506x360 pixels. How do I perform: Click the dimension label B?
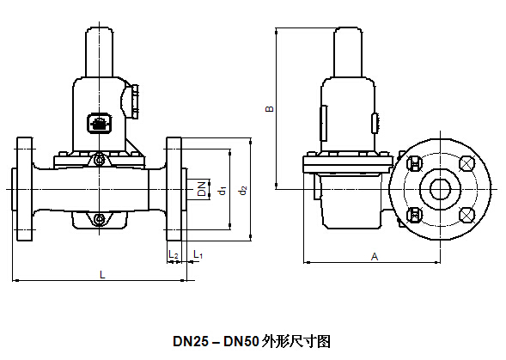269,109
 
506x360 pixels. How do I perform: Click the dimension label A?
375,257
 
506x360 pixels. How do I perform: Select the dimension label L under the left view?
102,275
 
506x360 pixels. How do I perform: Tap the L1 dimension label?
198,254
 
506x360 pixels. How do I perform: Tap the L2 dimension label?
174,254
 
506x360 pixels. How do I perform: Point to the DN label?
202,188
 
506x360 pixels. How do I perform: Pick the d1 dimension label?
223,191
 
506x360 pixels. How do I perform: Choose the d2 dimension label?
242,191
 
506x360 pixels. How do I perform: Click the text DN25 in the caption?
191,342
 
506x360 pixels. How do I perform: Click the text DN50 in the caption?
241,342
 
